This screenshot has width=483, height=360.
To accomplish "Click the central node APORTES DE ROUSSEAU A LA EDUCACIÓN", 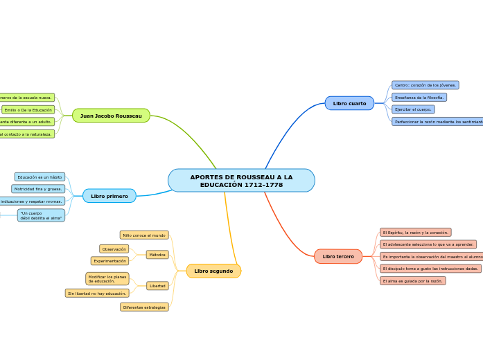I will click(241, 181).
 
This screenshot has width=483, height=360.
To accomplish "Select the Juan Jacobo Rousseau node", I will click(111, 116).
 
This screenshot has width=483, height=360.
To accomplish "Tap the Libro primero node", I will click(109, 196).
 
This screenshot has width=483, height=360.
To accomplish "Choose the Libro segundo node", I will click(213, 271).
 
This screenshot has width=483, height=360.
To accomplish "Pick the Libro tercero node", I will click(338, 256).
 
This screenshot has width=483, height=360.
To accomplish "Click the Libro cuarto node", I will click(349, 103).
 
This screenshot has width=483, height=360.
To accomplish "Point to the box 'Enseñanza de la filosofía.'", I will click(419, 98).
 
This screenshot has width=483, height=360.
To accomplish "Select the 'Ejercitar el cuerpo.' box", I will click(413, 109).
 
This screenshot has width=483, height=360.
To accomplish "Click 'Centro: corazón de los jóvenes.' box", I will click(425, 85).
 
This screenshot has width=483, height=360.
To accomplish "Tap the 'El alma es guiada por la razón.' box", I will click(412, 281).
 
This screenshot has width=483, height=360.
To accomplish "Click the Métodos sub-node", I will click(157, 255).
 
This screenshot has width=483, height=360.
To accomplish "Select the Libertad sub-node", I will click(157, 286).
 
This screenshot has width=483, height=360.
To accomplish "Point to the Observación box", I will click(114, 249).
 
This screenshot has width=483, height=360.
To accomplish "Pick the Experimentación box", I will click(109, 261).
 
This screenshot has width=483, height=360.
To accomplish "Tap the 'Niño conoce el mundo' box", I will click(144, 235).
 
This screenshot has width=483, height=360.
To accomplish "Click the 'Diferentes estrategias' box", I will click(144, 307).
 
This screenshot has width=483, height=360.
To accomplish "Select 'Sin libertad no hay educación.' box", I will click(97, 294).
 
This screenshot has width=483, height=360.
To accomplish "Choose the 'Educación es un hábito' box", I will click(39, 177).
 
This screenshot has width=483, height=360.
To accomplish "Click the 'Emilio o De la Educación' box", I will click(28, 109).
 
